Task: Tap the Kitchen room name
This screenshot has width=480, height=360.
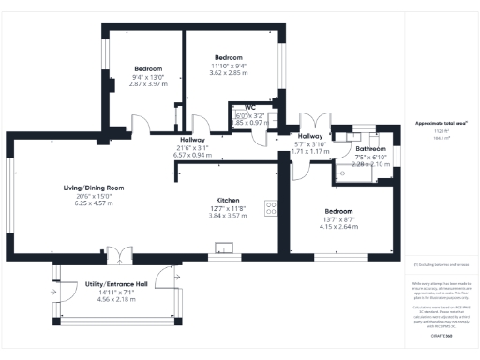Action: click(230, 201)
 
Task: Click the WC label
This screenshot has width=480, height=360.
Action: click(249, 108)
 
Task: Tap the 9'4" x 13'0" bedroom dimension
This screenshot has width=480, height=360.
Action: click(148, 77)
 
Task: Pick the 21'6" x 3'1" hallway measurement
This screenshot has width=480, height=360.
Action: click(190, 147)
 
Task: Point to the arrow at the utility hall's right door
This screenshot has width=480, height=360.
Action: click(170, 274)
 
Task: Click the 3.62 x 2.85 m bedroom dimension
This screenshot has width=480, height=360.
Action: click(229, 73)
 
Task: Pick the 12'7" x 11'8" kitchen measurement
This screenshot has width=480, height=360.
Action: click(230, 208)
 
